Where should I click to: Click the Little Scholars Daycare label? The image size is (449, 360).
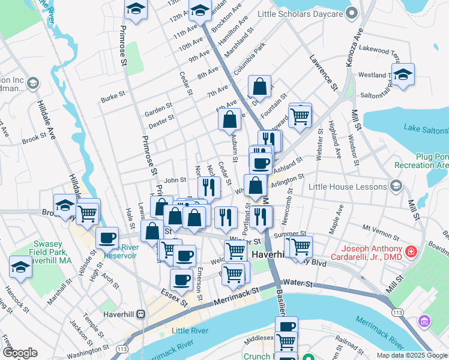click(x=300, y=13)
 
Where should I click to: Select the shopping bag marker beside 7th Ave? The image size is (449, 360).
click(x=259, y=87)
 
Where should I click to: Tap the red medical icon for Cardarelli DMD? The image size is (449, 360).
click(x=411, y=250)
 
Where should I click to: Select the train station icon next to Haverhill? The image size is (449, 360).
click(x=140, y=314)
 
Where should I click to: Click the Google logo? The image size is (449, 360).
click(x=20, y=353)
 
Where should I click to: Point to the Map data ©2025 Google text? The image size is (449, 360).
click(x=411, y=355)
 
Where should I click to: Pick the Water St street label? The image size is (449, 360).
click(x=295, y=281)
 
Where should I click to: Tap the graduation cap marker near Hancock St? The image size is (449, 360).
click(x=20, y=268)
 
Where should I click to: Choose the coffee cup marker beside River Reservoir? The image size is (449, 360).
click(x=107, y=238)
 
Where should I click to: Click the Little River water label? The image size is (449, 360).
click(x=189, y=331)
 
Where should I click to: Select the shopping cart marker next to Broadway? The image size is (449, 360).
click(x=88, y=212)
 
